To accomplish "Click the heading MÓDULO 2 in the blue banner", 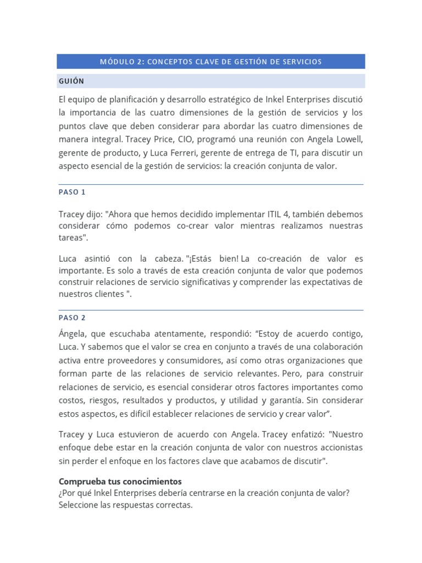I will [x=120, y=62].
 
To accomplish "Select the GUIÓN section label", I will [x=71, y=81].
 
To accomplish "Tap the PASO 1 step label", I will [x=72, y=192].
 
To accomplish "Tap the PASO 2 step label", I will [x=72, y=318].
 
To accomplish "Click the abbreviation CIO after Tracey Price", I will [x=201, y=139].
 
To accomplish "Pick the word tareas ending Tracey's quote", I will [x=71, y=238].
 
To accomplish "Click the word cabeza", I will [x=165, y=258].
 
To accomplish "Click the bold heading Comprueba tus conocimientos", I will [x=120, y=481].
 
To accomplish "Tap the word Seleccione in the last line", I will [x=79, y=505].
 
